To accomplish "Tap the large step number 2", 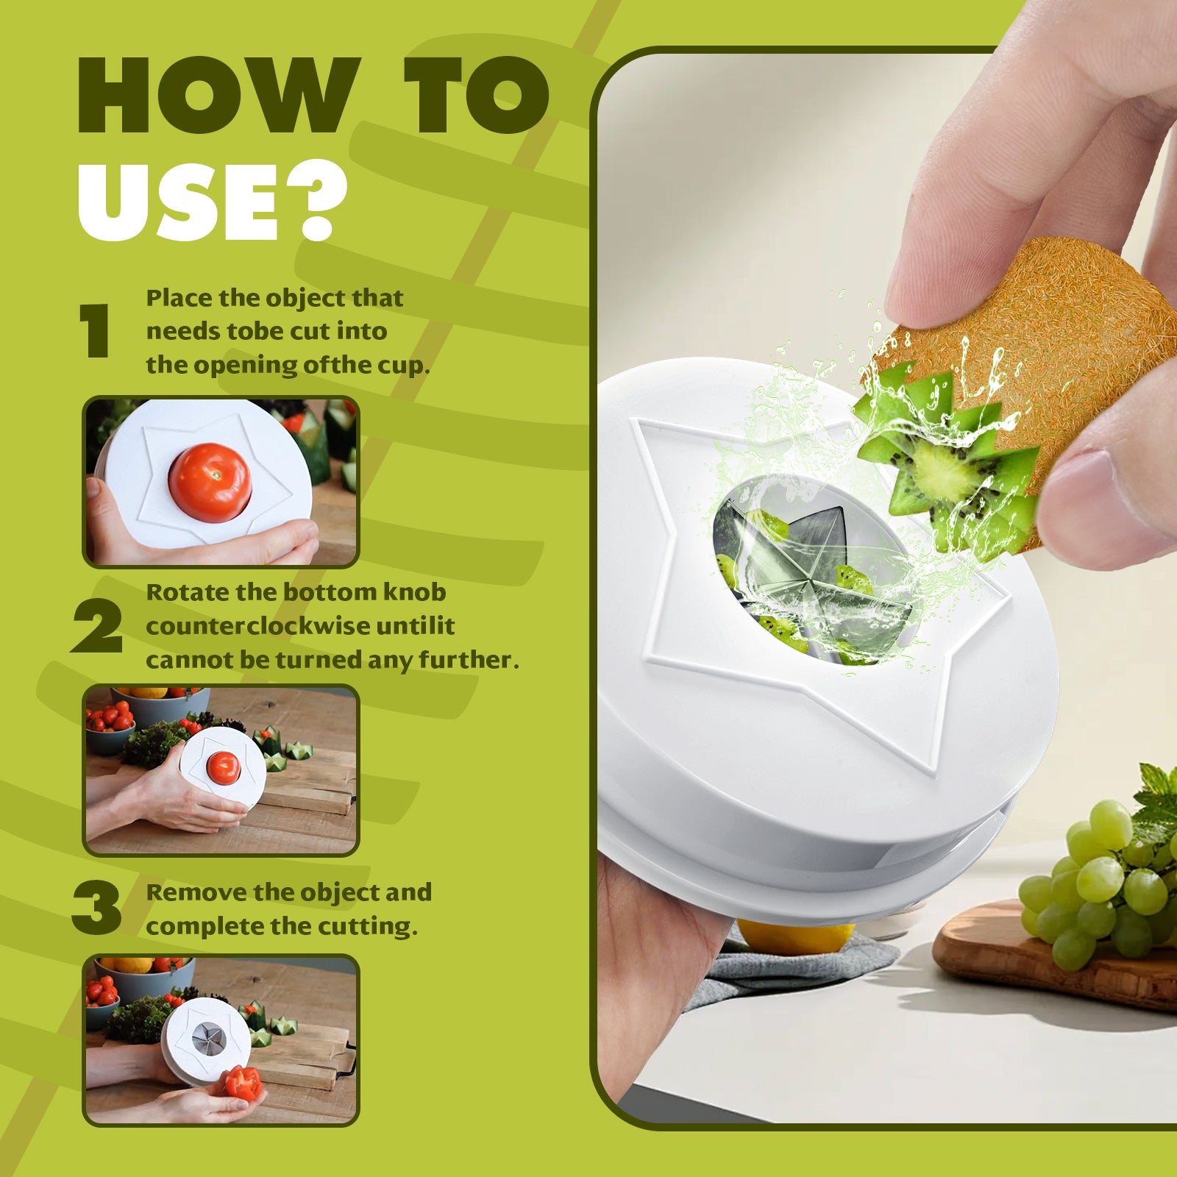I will (x=97, y=626).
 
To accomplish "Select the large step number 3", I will (x=97, y=908).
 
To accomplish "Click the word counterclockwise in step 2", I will (x=258, y=626).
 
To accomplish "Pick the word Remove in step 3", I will (x=196, y=892).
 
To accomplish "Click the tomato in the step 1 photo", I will (x=210, y=482).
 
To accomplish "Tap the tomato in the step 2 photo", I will (x=223, y=767).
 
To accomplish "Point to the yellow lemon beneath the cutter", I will (x=794, y=936).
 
